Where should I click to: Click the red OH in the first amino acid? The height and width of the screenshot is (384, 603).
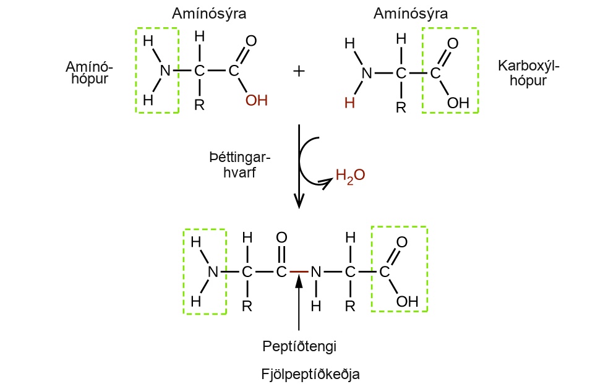click(257, 100)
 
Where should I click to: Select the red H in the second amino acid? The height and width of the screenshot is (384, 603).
click(349, 103)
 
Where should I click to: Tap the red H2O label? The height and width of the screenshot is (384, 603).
click(350, 176)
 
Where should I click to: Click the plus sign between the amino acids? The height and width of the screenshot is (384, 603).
click(299, 71)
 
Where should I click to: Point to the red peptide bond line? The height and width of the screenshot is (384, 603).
click(299, 271)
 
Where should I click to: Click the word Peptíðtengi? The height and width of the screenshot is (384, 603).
click(299, 346)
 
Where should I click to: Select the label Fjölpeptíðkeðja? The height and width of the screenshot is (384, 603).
click(310, 374)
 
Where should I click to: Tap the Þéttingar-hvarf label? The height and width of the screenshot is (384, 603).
click(240, 165)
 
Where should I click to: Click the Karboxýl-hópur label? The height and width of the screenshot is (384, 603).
click(528, 73)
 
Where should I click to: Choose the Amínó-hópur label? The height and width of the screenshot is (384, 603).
click(89, 72)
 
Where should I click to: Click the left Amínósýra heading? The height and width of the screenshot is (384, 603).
click(209, 14)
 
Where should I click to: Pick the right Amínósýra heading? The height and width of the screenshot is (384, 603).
click(410, 14)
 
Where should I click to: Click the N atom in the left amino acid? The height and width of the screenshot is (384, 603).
click(165, 70)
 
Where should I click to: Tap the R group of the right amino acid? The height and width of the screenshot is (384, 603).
click(401, 107)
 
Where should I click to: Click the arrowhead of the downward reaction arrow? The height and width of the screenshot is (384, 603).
click(299, 200)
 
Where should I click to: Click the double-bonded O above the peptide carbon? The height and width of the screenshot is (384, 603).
click(281, 237)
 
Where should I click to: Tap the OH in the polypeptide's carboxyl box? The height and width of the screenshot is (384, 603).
click(407, 301)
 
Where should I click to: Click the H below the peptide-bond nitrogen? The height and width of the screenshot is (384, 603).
click(316, 306)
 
